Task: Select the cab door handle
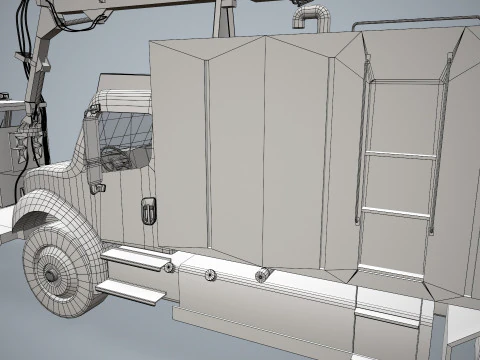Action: (x=147, y=211)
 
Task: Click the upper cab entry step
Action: (x=135, y=258)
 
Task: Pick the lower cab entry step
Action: (x=131, y=291)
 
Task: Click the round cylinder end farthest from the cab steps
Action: (x=263, y=275)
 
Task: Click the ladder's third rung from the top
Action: (x=396, y=212)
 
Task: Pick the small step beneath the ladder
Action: (x=386, y=316)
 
